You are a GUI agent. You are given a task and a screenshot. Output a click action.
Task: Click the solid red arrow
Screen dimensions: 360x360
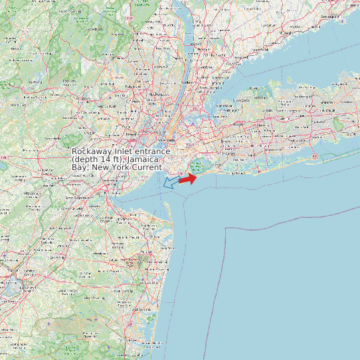pyautogui.click(x=188, y=178)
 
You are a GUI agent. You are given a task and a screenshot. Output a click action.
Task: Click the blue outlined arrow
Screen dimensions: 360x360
pyautogui.click(x=171, y=181)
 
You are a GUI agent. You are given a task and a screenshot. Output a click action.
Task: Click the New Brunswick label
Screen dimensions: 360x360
pyautogui.click(x=73, y=197)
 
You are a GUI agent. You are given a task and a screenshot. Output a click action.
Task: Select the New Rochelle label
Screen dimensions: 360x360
pyautogui.click(x=213, y=82)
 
